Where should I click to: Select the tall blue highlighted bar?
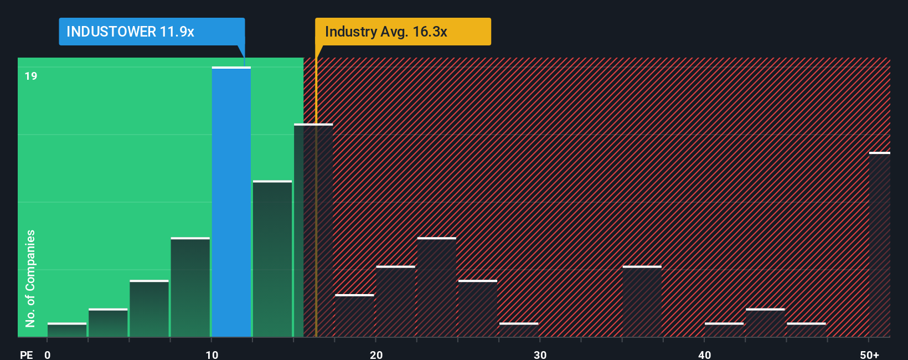point(231,202)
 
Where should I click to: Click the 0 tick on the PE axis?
point(48,354)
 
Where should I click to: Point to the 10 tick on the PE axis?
point(211,354)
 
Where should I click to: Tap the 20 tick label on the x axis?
point(376,354)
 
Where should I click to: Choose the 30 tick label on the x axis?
point(540,354)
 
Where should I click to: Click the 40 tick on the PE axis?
point(704,354)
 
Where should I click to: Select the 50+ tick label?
point(869,354)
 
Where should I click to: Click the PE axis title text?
point(26,354)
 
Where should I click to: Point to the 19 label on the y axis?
point(31,76)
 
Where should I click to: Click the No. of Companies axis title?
point(30,278)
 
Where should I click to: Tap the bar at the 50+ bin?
point(879,244)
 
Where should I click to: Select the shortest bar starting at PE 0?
point(67,330)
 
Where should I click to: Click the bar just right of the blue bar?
point(272,259)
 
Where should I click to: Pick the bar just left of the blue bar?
point(190,287)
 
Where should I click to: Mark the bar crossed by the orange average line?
point(313,230)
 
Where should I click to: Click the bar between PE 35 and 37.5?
point(642,302)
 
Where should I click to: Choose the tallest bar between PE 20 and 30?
point(437,287)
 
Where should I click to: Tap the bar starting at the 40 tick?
point(724,330)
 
